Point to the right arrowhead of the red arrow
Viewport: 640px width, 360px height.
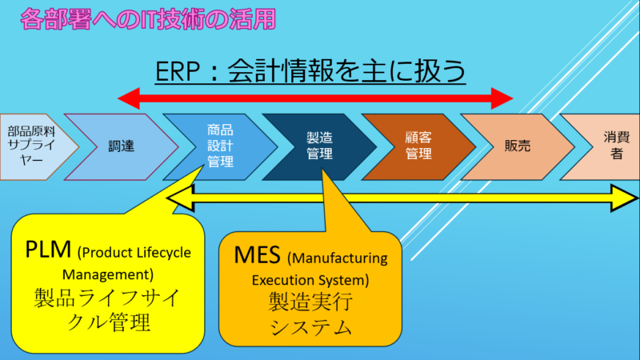[x=502, y=98]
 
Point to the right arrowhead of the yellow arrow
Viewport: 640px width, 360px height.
[x=622, y=198]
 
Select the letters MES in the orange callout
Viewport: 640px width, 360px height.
[x=257, y=257]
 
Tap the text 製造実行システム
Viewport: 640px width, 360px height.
[x=308, y=314]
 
